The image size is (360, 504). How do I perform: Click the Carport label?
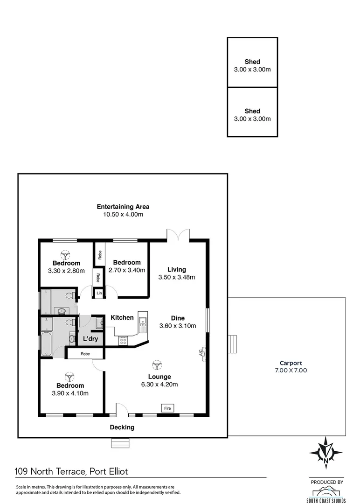291,363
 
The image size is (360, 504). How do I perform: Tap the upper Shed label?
252,62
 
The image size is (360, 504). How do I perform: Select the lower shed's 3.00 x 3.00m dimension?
252,119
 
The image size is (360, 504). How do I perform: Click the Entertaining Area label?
123,206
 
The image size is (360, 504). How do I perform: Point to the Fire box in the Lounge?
167,408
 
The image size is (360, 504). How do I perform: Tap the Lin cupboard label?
99,293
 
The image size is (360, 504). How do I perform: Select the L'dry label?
90,339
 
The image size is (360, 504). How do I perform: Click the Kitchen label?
122,318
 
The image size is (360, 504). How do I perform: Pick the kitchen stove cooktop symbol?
124,341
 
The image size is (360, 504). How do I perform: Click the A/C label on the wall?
201,353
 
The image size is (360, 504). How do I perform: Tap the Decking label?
122,427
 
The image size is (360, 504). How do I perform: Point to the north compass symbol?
325,453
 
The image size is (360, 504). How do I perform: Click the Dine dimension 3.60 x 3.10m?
178,326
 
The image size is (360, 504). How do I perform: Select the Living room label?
177,269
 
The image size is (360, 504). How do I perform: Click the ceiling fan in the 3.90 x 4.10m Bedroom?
70,376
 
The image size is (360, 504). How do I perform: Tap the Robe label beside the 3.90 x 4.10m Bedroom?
85,354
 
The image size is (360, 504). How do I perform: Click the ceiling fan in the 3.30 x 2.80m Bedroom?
66,254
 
